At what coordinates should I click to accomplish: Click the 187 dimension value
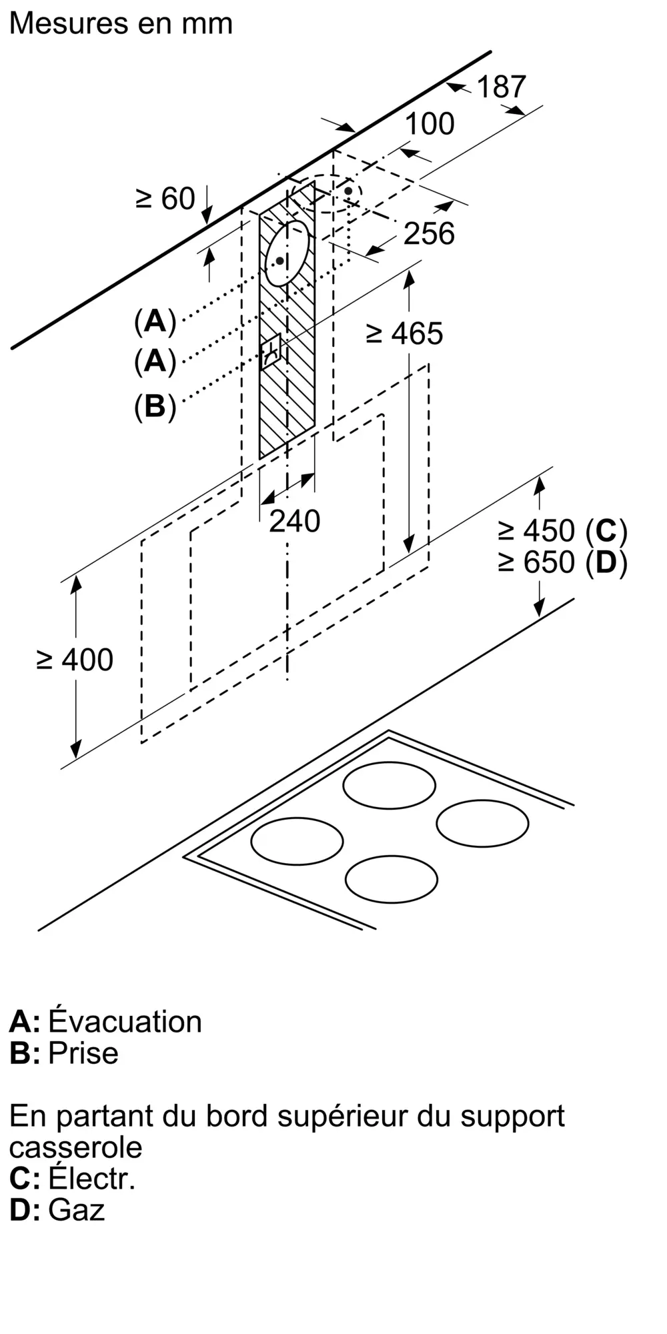501,87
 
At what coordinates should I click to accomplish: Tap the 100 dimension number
430,124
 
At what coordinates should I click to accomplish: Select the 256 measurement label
430,233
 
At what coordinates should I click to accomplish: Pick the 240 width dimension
295,521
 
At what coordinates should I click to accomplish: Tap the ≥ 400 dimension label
75,660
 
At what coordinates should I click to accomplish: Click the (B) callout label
155,406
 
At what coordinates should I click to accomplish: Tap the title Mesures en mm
121,24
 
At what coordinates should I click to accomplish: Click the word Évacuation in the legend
125,1022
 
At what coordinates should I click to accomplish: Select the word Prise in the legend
83,1053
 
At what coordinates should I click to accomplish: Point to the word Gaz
77,1210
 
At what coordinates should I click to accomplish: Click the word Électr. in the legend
92,1178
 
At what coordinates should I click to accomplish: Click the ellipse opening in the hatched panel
287,253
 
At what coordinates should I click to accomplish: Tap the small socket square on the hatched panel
273,352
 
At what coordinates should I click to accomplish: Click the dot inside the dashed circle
348,191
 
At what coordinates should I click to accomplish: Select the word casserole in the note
76,1148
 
